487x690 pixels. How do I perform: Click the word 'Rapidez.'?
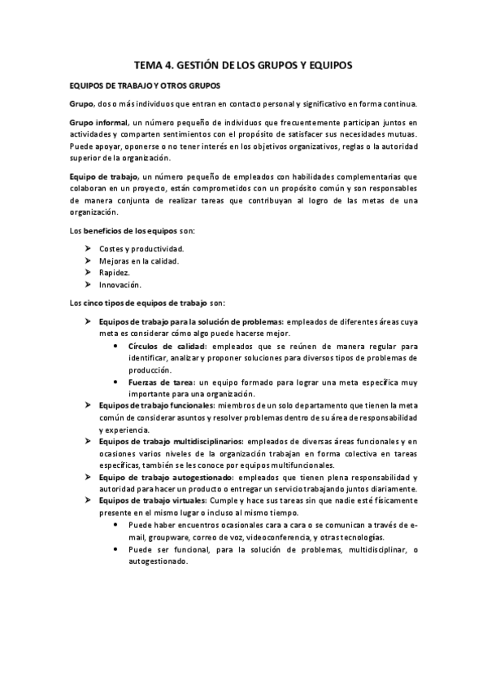115,273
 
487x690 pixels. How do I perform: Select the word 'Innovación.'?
120,285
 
